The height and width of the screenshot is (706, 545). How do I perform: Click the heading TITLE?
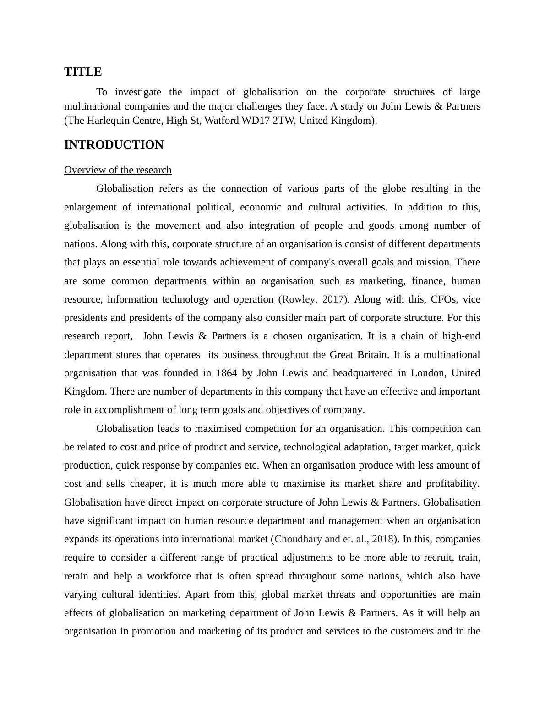83,72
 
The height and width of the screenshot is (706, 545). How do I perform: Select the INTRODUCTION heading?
114,145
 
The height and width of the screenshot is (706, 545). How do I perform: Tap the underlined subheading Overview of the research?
118,170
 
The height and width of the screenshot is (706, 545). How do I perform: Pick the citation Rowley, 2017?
313,299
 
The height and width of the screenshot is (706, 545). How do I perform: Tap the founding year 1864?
226,373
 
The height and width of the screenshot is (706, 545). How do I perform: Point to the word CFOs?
444,299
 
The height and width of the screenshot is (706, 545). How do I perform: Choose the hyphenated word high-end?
461,336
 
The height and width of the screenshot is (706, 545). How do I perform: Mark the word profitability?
452,484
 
